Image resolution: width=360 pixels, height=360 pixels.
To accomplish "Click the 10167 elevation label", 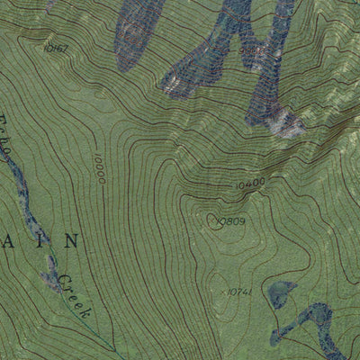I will tap(56, 46).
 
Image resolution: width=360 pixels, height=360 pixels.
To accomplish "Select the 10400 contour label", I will tap(250, 183).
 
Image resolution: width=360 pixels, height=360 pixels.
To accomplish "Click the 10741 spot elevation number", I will tap(238, 292).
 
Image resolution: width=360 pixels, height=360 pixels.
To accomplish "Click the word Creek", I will tap(74, 298).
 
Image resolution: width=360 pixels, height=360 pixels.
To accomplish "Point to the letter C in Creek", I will tap(65, 282).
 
